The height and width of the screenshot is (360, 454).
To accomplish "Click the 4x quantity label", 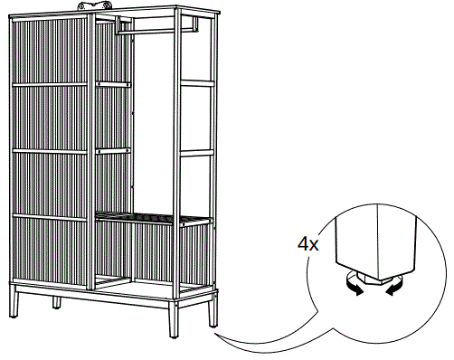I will pos(307,243).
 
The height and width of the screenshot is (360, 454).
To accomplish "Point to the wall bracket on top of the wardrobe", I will pos(99,6).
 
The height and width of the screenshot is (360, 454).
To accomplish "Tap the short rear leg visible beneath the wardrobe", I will pos(57,300).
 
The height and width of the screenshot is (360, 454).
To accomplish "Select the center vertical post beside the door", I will pos(92,154).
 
